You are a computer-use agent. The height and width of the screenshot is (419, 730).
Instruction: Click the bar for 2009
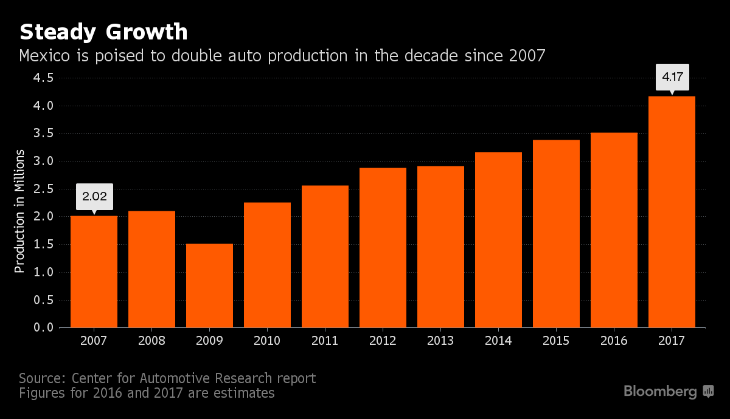click(209, 285)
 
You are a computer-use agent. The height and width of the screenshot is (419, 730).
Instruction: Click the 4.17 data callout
click(672, 78)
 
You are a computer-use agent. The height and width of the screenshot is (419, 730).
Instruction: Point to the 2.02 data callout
click(94, 196)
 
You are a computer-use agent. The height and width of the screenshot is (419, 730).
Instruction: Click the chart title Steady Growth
click(103, 32)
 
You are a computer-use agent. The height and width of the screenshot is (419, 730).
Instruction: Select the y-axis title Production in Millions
click(20, 211)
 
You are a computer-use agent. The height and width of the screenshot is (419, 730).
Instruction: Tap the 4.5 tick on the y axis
click(44, 78)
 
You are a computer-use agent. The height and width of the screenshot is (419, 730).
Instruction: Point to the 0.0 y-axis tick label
click(44, 328)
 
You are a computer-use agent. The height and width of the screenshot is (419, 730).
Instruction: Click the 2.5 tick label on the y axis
click(44, 189)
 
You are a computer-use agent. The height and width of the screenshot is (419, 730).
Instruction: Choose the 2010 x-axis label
click(267, 341)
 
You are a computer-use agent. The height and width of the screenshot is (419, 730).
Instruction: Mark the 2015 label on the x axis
click(556, 341)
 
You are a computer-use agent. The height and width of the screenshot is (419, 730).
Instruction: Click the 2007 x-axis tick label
click(94, 341)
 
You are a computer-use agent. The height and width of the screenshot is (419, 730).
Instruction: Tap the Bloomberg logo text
click(660, 392)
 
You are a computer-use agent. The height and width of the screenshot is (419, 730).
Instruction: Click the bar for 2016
click(614, 230)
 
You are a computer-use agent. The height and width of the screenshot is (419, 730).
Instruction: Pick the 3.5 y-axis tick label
click(44, 134)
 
